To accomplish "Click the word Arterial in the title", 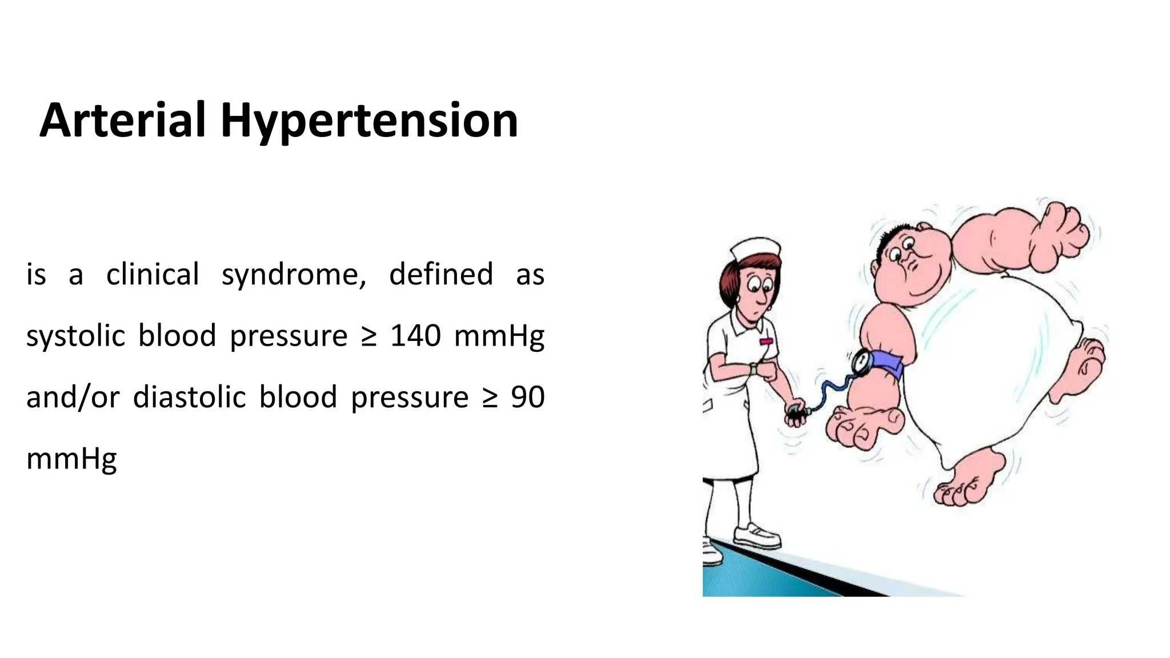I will tap(122, 121).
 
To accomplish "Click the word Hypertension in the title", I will tap(369, 122).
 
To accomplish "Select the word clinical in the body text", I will tap(153, 275).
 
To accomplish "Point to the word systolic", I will tap(75, 336).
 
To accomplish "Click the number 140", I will tap(415, 336).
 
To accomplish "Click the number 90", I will tap(527, 397).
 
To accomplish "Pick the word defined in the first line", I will tap(440, 274).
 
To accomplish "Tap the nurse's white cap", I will tap(755, 250).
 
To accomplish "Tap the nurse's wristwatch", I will tap(754, 369).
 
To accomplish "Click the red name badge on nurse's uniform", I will tap(766, 341).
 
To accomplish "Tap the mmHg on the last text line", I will tap(72, 459).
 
